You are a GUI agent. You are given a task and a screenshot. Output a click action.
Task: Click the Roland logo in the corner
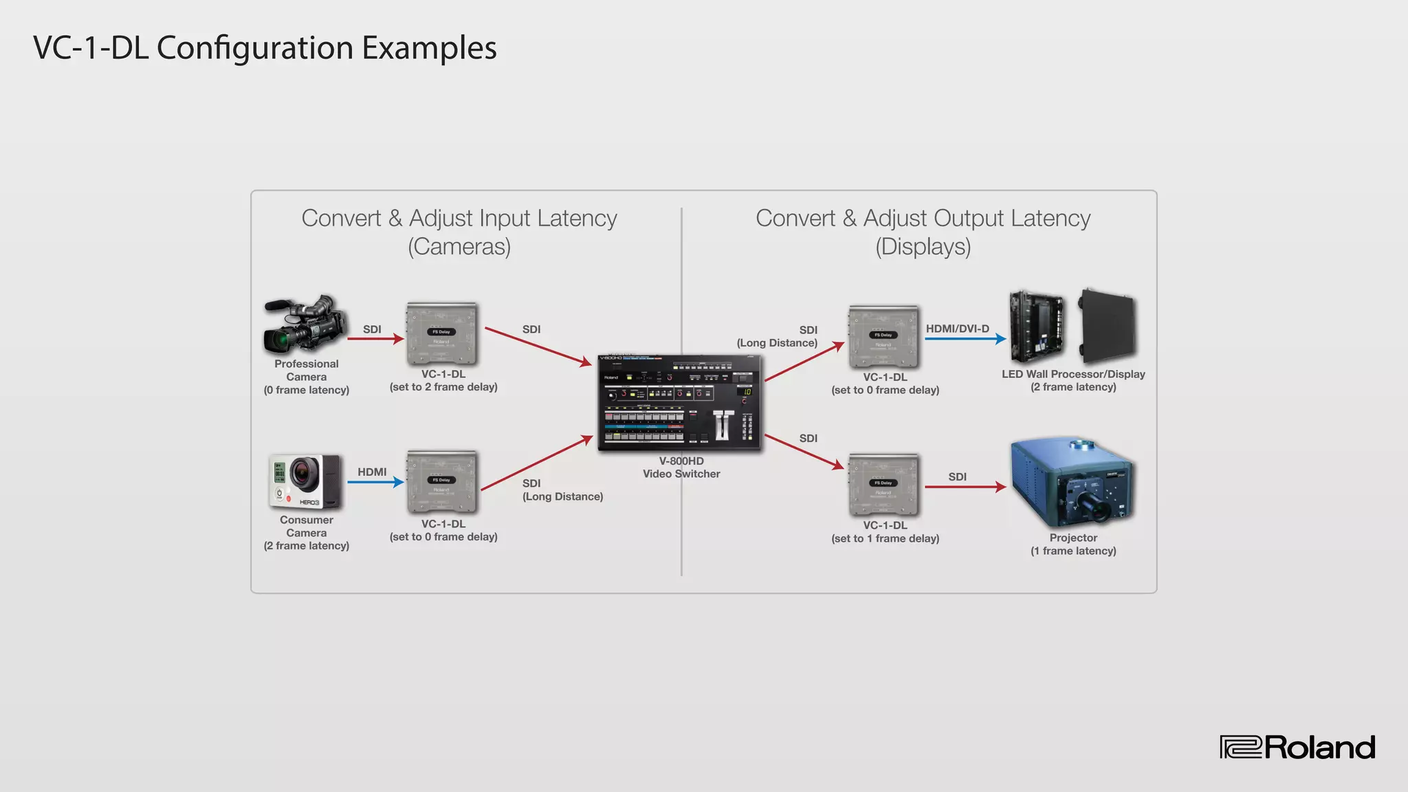pyautogui.click(x=1297, y=747)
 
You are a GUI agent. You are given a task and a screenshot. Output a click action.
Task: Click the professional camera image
pyautogui.click(x=305, y=324)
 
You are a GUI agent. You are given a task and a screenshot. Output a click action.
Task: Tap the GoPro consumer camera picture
pyautogui.click(x=305, y=481)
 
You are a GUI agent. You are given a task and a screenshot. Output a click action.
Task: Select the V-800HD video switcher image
pyautogui.click(x=679, y=403)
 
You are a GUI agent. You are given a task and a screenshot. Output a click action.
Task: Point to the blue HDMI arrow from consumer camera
pyautogui.click(x=375, y=482)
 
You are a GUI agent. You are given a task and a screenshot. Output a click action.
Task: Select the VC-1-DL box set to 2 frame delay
pyautogui.click(x=442, y=334)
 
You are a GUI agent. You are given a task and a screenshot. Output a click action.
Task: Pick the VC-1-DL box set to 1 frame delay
pyautogui.click(x=884, y=485)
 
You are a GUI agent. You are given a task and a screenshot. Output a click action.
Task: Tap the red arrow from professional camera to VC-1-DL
pyautogui.click(x=375, y=338)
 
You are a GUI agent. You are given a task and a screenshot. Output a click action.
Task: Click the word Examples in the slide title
pyautogui.click(x=429, y=48)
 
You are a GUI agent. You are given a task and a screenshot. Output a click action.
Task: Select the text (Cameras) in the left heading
pyautogui.click(x=459, y=246)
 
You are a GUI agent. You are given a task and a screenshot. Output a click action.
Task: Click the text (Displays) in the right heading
pyautogui.click(x=923, y=246)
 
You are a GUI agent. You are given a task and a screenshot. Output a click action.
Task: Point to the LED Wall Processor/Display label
pyautogui.click(x=1072, y=374)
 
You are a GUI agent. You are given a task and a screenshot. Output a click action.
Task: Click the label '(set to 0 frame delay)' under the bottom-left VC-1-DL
pyautogui.click(x=443, y=537)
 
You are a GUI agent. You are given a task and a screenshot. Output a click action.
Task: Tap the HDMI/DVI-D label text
pyautogui.click(x=957, y=329)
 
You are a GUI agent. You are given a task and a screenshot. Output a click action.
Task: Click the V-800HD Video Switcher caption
pyautogui.click(x=681, y=467)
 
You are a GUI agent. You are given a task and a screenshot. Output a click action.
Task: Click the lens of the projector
pyautogui.click(x=1094, y=509)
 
